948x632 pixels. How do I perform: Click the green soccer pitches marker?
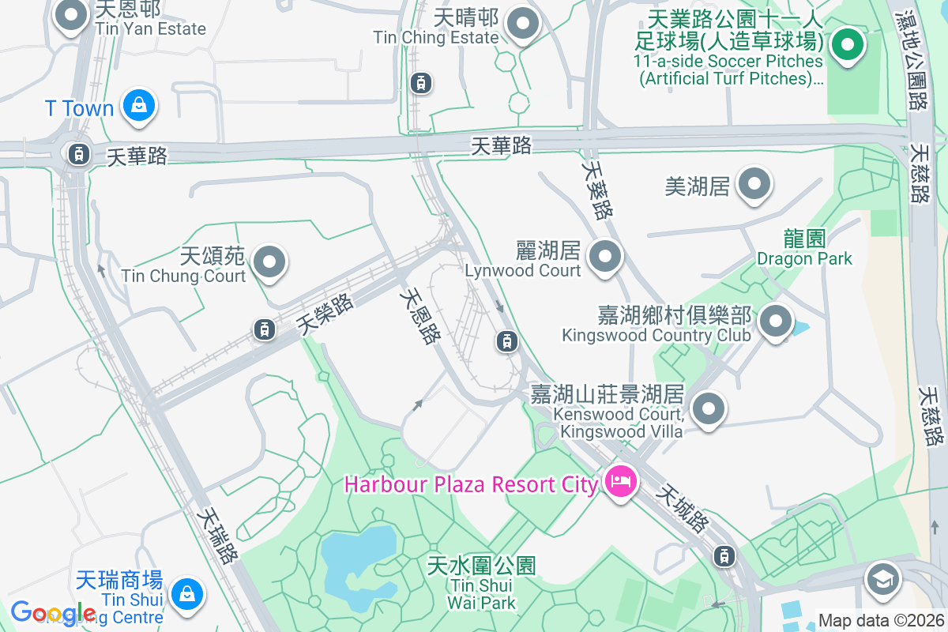tap(847, 44)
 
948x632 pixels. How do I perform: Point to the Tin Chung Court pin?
tap(269, 261)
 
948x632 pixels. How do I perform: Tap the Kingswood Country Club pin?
tap(775, 322)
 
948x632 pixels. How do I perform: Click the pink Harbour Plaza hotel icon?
tap(621, 480)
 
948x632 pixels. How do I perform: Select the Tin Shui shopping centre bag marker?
tap(187, 593)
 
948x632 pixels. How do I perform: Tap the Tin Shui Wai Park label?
tap(481, 584)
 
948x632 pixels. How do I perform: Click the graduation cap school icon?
tap(882, 581)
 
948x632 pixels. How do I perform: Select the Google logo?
tap(54, 613)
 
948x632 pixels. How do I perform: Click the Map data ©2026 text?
tap(881, 621)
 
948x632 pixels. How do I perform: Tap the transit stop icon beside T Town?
tap(78, 153)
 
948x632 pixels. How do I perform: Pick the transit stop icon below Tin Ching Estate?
tap(421, 82)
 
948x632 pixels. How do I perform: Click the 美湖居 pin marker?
tap(754, 186)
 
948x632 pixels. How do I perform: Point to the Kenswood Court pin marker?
tap(708, 409)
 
